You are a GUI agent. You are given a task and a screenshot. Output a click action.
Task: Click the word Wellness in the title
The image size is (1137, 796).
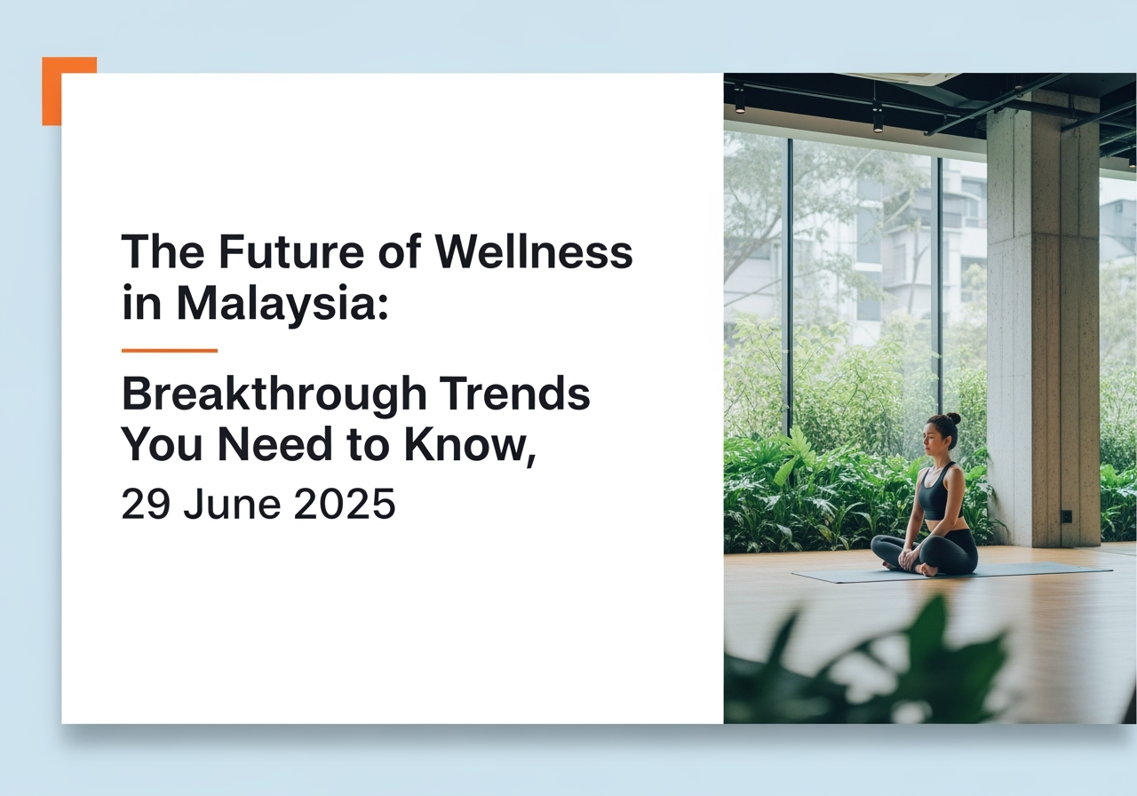534,251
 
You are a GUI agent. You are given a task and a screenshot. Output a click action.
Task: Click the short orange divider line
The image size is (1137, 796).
169,350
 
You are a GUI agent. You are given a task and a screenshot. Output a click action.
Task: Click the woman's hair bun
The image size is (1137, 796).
954,418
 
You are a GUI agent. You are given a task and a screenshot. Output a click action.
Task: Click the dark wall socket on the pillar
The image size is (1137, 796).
1066,516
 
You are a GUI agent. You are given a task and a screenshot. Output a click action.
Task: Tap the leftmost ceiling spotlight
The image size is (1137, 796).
739,100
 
